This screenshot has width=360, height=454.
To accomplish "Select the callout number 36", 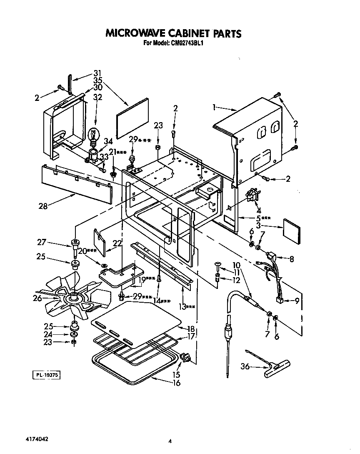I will pos(246,366).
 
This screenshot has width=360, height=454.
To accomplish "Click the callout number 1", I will pos(214,107).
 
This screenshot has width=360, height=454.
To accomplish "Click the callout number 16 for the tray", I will pos(176,383).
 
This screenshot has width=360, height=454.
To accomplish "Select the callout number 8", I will pos(291,259).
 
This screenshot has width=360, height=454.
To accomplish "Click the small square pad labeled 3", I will pos(293,230).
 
